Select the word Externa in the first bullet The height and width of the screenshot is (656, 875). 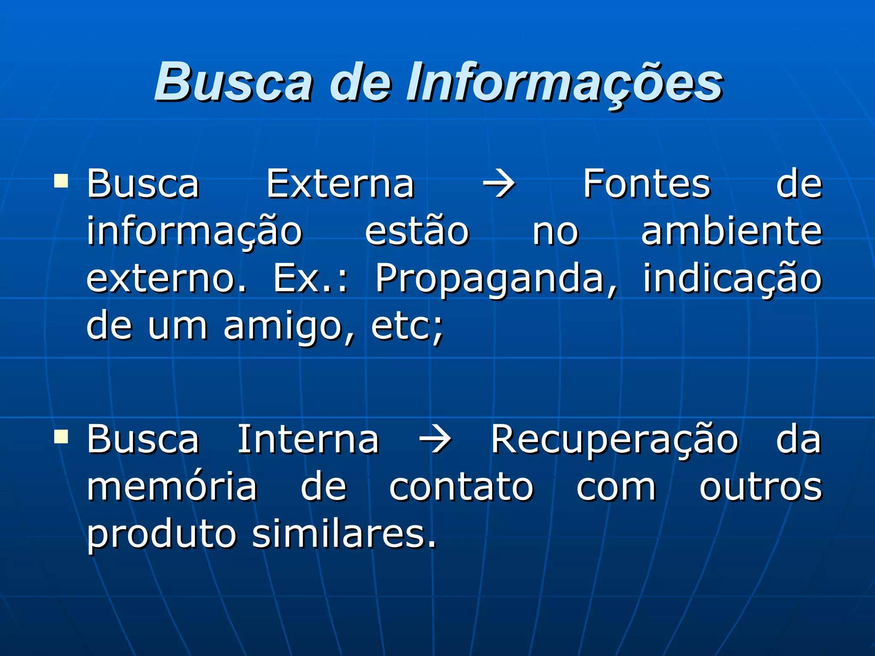pos(341,184)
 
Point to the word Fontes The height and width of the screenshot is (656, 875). pos(646,184)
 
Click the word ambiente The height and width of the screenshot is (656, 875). pos(731,232)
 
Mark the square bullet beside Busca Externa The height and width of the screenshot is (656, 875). pos(61,181)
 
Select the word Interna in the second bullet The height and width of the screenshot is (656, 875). pos(308,440)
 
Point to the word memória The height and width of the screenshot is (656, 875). pos(172,487)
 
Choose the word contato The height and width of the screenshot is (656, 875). pos(461,487)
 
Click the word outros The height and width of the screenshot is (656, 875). pos(760,487)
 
